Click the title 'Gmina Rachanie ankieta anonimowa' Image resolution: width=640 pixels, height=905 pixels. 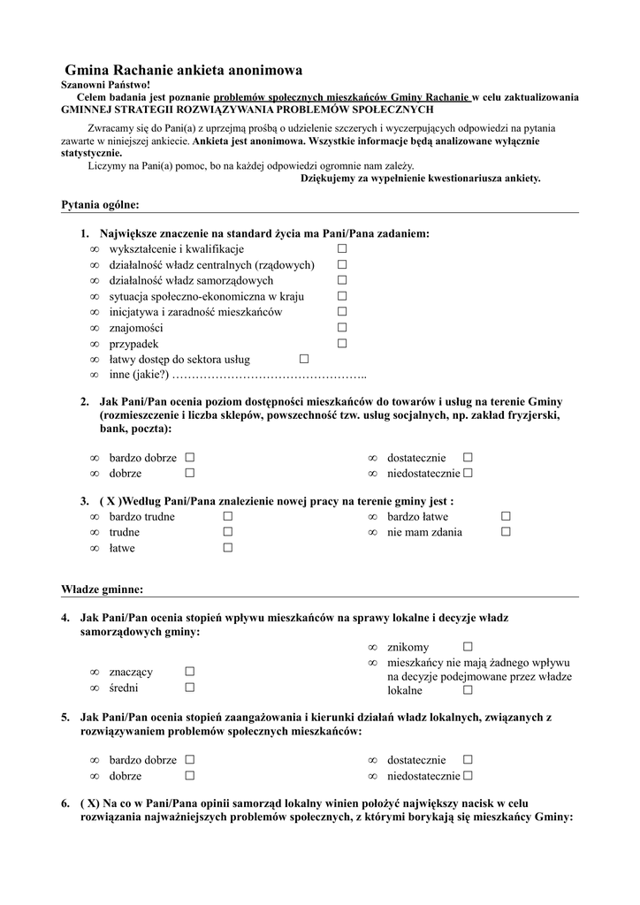coord(184,70)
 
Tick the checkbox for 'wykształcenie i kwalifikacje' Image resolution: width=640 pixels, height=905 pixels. coord(341,249)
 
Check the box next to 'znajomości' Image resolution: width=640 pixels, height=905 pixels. coord(341,328)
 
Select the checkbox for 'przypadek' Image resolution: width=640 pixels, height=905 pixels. coord(341,344)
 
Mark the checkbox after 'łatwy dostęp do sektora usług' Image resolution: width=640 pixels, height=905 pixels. coord(304,360)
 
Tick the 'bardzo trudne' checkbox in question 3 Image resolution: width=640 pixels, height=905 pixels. coord(227,516)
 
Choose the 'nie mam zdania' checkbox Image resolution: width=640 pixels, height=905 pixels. coord(506,532)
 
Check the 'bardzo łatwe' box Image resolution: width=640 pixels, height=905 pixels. coord(506,516)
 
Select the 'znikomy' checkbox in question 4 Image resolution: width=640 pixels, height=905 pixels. coord(468,648)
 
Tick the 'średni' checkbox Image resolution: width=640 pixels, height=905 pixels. coord(189,688)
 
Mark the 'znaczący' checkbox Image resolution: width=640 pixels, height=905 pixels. coord(189,672)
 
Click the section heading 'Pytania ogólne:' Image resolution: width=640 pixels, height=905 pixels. coord(100,205)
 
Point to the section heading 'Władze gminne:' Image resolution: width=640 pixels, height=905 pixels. coord(102,589)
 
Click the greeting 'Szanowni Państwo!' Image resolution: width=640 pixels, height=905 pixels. coord(105,84)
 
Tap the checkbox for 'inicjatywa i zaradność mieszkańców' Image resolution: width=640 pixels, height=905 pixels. coord(341,312)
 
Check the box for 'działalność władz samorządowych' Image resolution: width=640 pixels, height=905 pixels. coord(341,280)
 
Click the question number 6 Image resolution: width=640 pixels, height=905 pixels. coord(65,802)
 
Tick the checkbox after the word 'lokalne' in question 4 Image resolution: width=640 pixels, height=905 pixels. coord(468,690)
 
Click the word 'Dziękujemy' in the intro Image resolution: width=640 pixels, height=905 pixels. coord(331,178)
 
